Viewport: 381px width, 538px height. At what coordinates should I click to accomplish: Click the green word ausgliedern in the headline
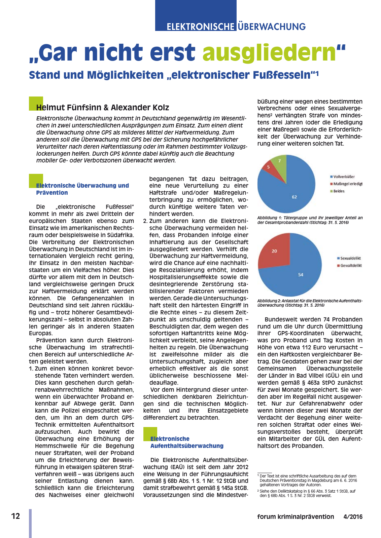[269, 53]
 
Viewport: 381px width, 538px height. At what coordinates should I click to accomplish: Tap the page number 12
[15, 516]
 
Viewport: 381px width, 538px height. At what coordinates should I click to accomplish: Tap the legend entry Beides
[339, 191]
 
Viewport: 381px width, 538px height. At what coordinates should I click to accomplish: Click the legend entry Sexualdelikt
[350, 258]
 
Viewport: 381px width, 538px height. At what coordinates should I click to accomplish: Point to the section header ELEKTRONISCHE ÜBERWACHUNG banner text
[236, 27]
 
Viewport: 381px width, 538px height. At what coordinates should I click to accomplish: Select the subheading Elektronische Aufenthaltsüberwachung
[186, 442]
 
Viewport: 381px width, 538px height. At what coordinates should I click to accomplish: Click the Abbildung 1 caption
[310, 220]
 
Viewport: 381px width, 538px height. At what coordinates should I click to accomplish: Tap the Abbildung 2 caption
[310, 303]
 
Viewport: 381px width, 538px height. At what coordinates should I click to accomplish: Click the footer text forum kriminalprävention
[296, 516]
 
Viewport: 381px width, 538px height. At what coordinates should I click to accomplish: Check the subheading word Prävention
[52, 193]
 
